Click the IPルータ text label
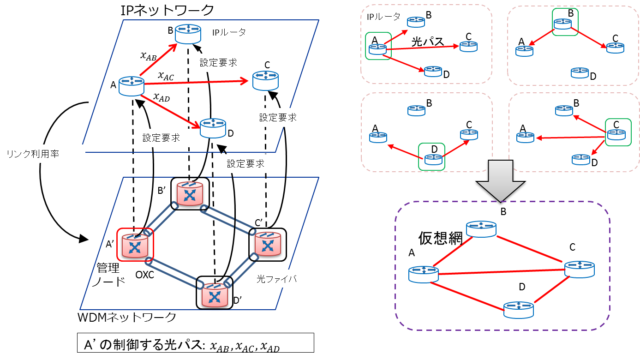[229, 32]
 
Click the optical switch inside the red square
[135, 245]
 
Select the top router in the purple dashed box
[481, 229]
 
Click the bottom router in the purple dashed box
[519, 309]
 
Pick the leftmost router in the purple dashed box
[423, 274]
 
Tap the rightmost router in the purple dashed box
[579, 269]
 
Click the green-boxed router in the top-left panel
[377, 48]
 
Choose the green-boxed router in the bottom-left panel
[433, 159]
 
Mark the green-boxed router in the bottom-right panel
[616, 134]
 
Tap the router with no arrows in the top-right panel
[580, 72]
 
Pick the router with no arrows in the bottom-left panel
[416, 110]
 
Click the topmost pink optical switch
[190, 194]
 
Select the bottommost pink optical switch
[215, 295]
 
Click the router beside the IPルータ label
[188, 34]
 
